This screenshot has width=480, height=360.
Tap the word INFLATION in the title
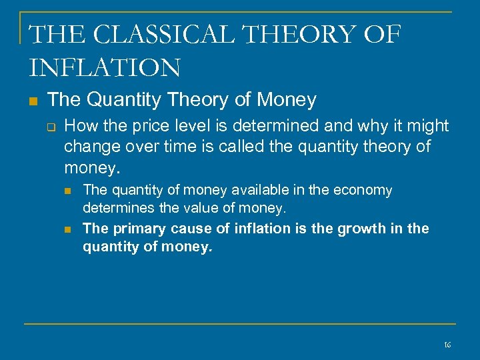tap(105, 67)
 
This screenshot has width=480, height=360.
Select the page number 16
tap(447, 345)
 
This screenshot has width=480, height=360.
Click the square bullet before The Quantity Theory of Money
tap(33, 101)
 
